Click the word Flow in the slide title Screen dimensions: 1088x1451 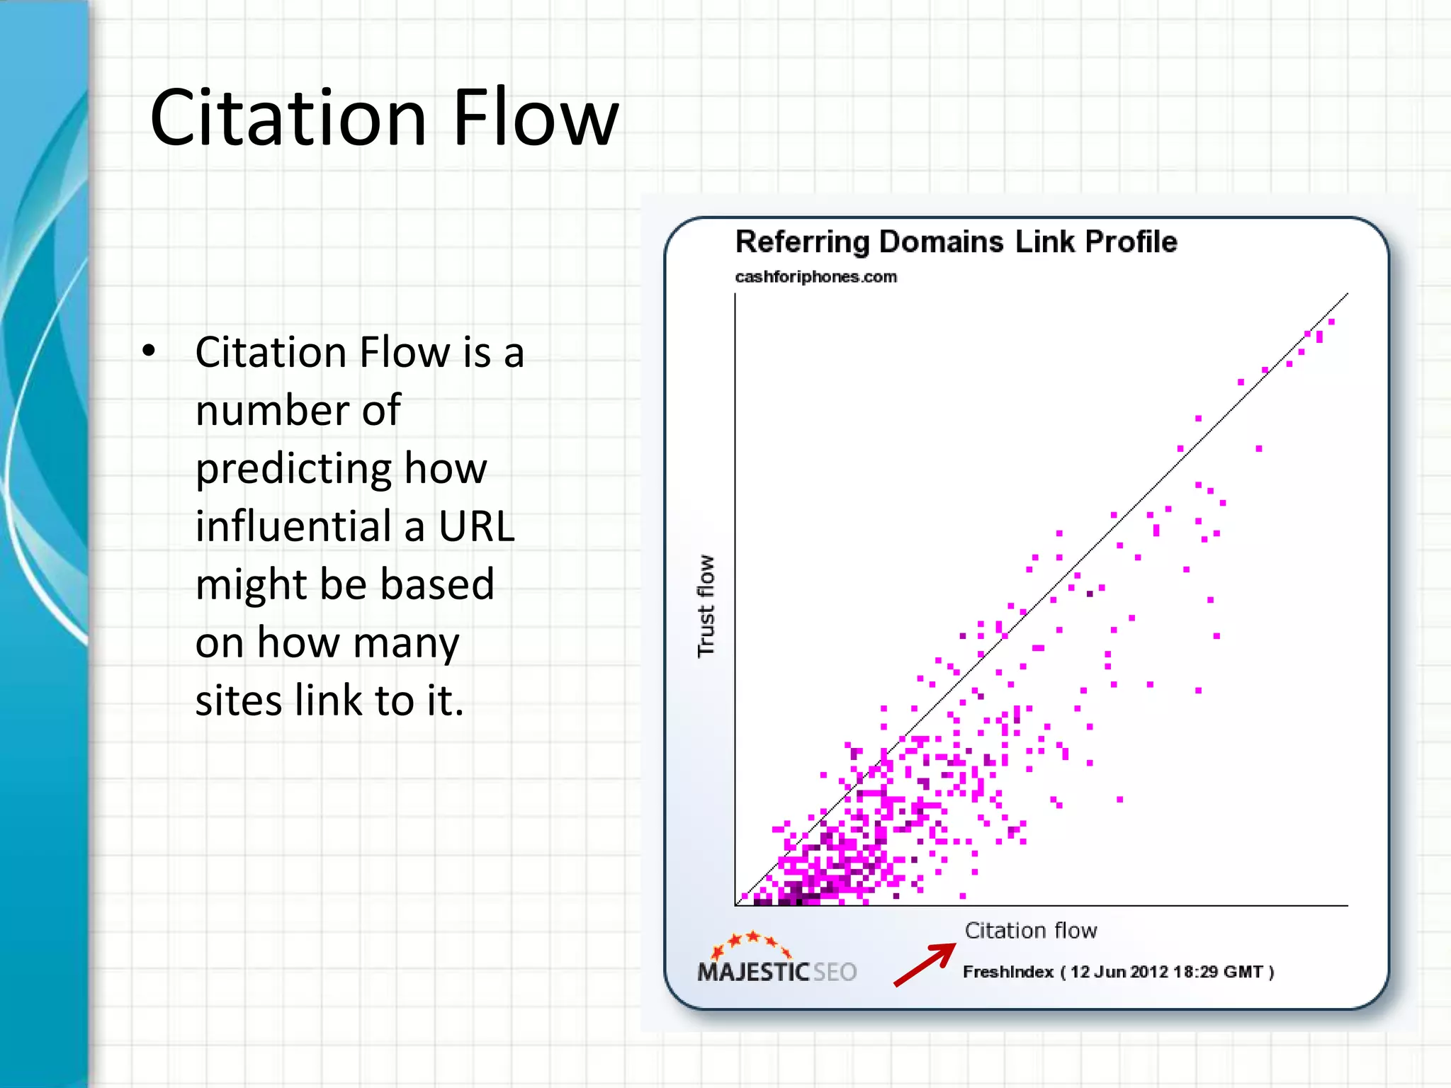point(536,118)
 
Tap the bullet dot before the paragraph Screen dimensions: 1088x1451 point(148,351)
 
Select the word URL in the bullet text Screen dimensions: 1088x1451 point(477,526)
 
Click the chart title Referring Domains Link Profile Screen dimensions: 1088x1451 point(956,242)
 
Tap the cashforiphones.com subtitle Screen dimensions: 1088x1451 point(815,277)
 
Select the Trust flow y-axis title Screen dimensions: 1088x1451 point(706,606)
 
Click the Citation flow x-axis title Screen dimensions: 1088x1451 point(1030,930)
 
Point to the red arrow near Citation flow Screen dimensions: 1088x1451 point(925,964)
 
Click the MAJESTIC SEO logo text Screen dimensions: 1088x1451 point(777,972)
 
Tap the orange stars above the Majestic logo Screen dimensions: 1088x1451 point(752,942)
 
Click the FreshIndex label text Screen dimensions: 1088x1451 point(1007,972)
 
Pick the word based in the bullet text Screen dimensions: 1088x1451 point(436,584)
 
